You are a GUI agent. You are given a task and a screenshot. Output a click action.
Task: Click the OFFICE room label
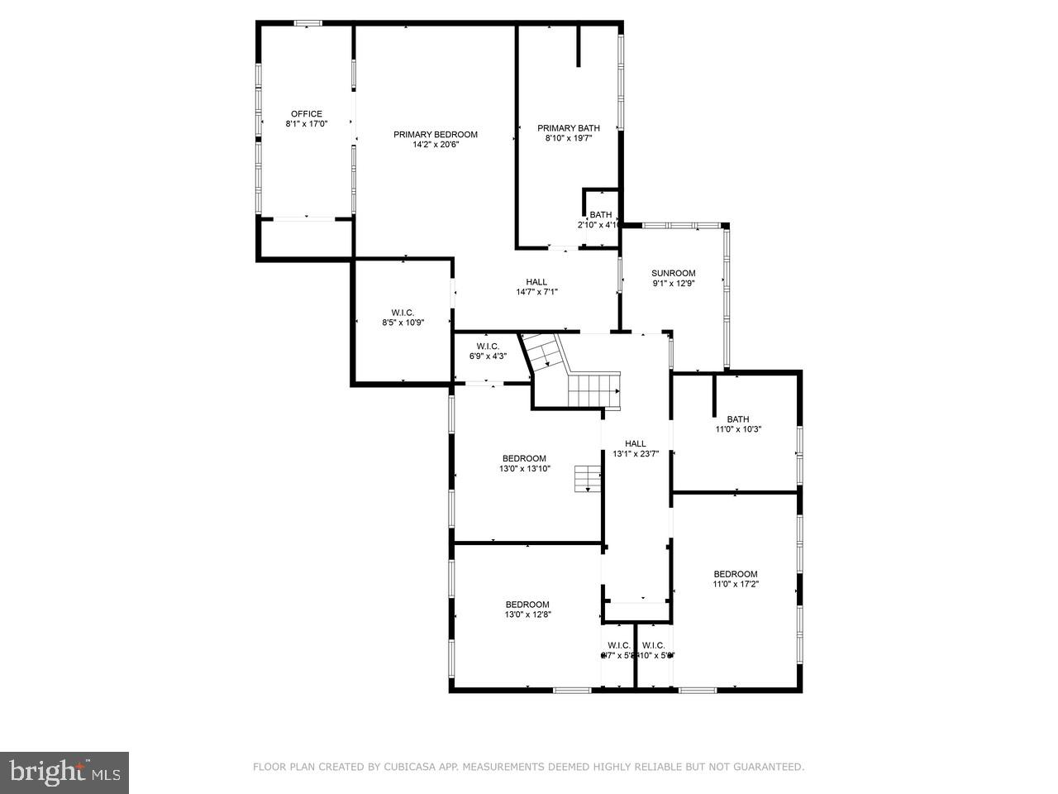[x=306, y=114]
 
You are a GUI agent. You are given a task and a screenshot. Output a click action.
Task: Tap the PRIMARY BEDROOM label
[x=436, y=135]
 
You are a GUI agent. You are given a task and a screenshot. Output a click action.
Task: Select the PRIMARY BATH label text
[x=569, y=128]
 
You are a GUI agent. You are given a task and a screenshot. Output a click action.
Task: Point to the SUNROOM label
[x=673, y=273]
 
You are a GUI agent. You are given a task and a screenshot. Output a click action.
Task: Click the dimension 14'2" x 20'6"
[x=436, y=145]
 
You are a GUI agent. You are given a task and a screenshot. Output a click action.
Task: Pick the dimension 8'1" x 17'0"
[x=306, y=124]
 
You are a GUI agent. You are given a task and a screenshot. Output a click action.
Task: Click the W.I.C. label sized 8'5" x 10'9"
[x=403, y=312]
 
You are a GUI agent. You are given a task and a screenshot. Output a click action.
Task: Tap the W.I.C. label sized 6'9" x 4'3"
[x=488, y=346]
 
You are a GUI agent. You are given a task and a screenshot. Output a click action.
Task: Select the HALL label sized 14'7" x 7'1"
[x=537, y=281]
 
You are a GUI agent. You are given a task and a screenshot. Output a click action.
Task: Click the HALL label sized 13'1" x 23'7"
[x=636, y=443]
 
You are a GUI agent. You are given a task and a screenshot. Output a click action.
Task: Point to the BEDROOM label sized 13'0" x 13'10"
[x=524, y=458]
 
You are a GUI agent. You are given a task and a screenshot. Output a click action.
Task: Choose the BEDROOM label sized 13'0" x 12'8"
[x=527, y=605]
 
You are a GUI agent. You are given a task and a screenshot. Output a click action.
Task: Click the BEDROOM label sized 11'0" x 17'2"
[x=736, y=574]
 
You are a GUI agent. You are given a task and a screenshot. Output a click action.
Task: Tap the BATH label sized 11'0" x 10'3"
[x=738, y=419]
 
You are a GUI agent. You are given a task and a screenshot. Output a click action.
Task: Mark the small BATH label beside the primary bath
[x=601, y=215]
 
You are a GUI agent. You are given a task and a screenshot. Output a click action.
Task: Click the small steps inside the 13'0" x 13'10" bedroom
[x=588, y=479]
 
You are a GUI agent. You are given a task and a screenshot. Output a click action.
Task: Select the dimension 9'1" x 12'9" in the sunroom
[x=673, y=283]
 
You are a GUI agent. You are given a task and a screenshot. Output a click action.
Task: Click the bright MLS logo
[x=64, y=772]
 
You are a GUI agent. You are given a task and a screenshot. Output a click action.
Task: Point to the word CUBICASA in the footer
[x=411, y=768]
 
